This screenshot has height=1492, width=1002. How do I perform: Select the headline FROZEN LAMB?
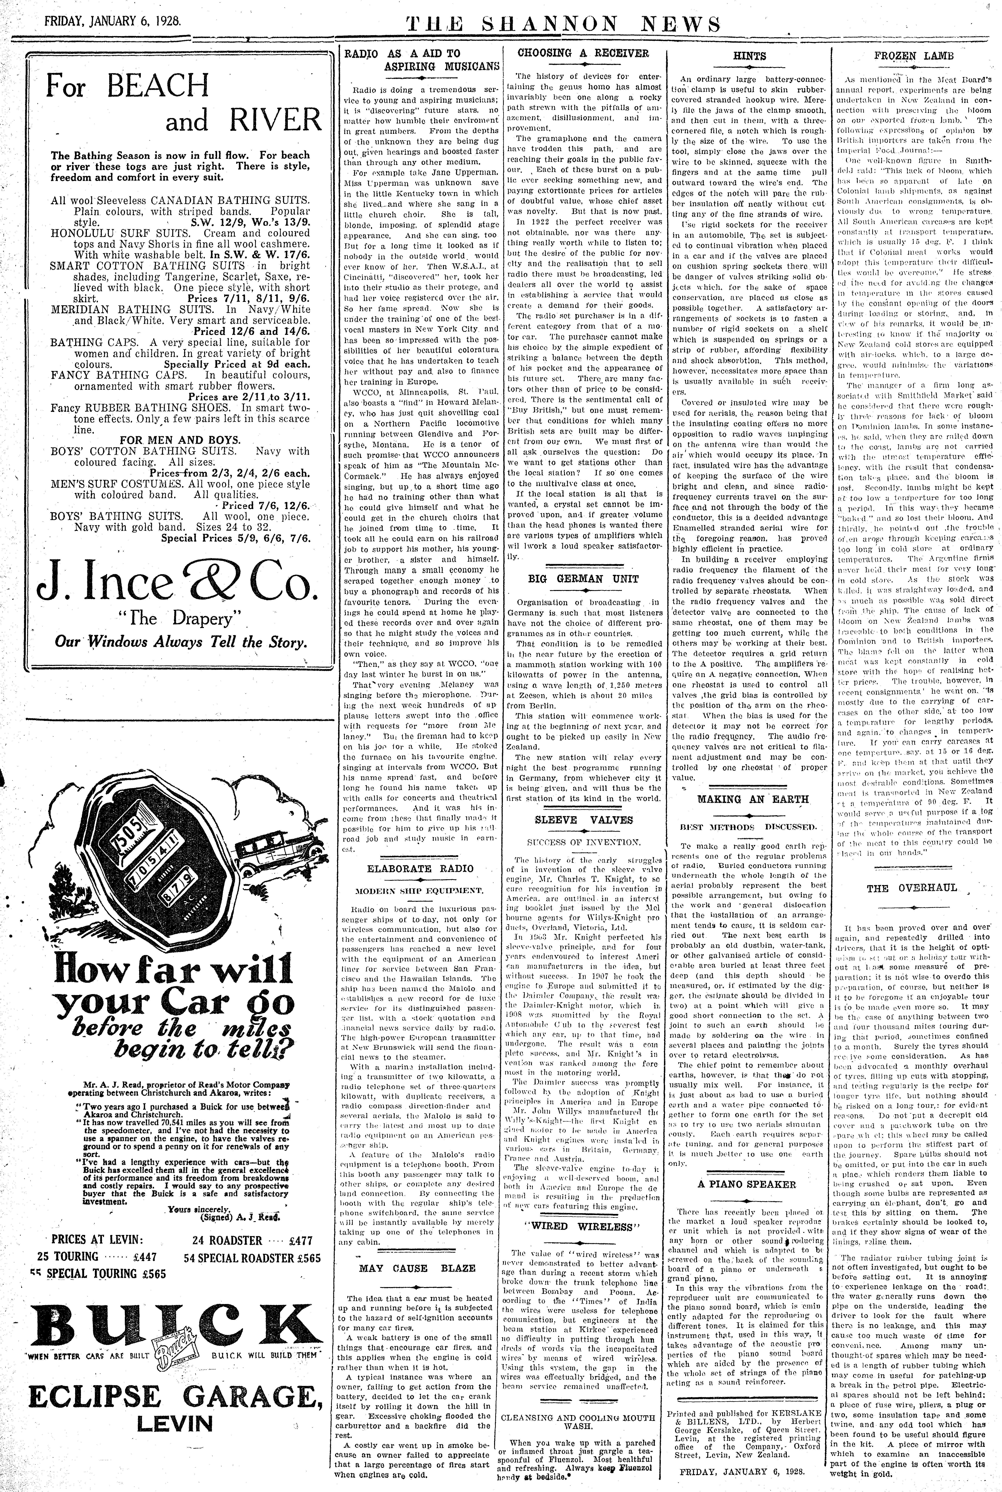(914, 56)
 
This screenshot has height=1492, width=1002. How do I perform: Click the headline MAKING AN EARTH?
(753, 799)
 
